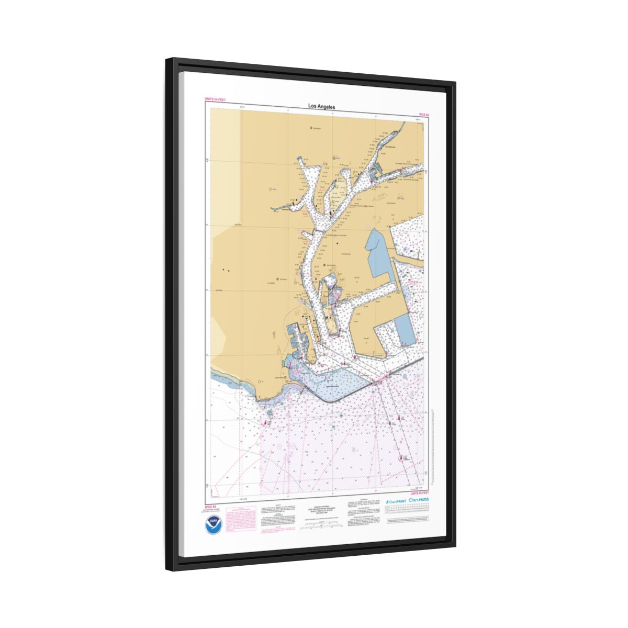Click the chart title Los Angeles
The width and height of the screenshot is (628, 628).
pyautogui.click(x=321, y=107)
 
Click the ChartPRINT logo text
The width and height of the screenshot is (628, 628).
pyautogui.click(x=396, y=501)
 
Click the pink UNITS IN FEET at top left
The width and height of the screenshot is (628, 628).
pyautogui.click(x=215, y=98)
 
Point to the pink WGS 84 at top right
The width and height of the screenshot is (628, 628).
pyautogui.click(x=423, y=114)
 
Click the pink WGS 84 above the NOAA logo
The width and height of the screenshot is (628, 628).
pyautogui.click(x=210, y=507)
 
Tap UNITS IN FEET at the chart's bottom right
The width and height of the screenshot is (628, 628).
pyautogui.click(x=419, y=493)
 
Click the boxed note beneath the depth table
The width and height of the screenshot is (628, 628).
pyautogui.click(x=408, y=522)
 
